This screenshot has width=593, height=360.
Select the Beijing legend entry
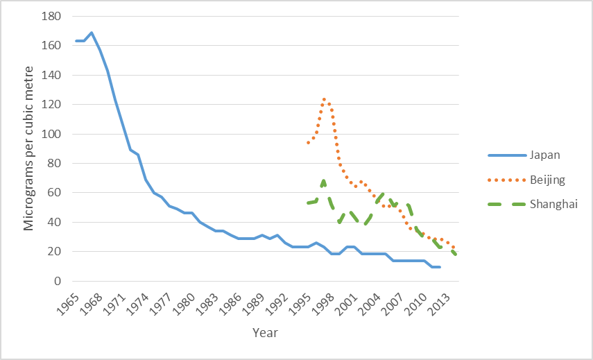click(548, 180)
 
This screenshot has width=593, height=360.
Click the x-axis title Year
click(265, 333)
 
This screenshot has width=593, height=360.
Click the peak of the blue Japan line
click(92, 33)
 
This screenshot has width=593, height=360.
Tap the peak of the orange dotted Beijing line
click(324, 99)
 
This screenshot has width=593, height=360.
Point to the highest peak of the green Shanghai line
click(324, 182)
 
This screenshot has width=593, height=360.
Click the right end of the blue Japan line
click(440, 267)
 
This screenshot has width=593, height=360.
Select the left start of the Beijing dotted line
click(308, 143)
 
